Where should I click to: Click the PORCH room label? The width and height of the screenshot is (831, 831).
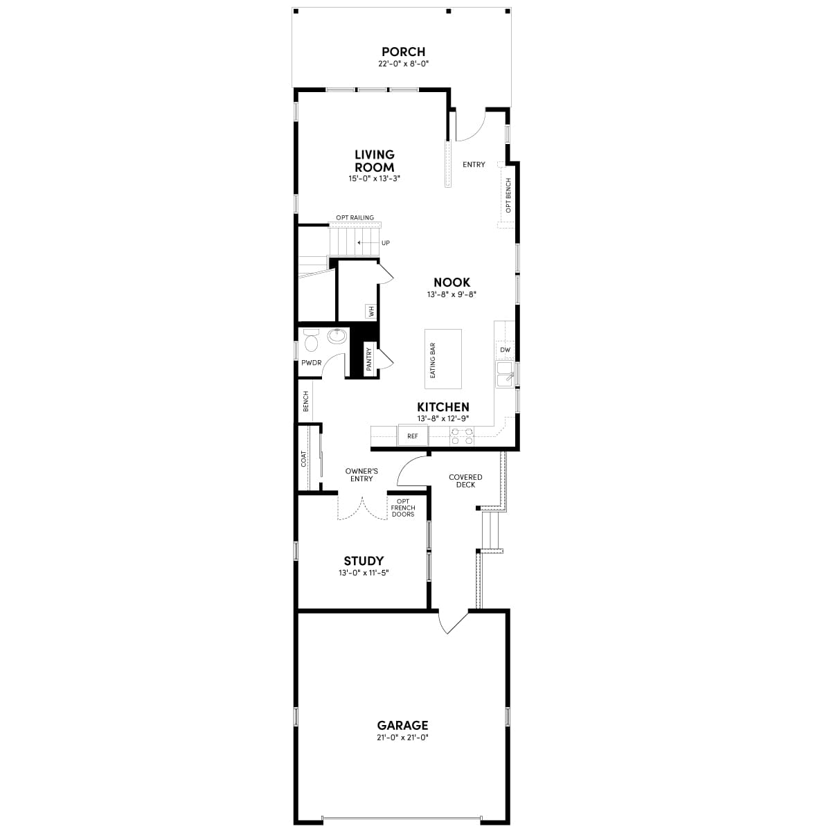(403, 52)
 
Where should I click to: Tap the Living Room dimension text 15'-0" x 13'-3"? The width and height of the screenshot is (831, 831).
(375, 179)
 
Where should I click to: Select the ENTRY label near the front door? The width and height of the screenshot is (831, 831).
(474, 165)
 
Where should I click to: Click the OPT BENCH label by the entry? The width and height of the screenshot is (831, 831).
(508, 195)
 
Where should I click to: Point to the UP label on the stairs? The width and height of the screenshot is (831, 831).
(385, 243)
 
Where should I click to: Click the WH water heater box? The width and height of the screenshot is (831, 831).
(371, 312)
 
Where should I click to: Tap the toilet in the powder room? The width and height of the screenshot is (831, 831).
(310, 341)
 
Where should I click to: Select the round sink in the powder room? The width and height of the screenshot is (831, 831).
(337, 337)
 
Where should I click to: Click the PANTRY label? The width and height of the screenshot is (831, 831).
(368, 359)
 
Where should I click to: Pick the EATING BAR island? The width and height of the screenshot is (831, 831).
(443, 359)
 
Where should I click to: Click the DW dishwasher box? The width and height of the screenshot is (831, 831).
(505, 350)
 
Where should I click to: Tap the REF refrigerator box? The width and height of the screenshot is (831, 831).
(413, 436)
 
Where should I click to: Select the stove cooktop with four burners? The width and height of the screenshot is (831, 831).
(462, 436)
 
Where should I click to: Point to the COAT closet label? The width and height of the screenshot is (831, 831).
(303, 458)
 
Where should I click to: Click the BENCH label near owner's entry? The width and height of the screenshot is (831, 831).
(305, 402)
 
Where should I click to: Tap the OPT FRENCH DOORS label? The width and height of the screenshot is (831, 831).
(403, 508)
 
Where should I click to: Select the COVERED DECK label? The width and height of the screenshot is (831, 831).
(465, 481)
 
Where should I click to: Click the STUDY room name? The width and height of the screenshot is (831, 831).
(364, 561)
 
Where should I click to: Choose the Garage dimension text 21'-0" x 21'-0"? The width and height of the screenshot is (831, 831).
(402, 738)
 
